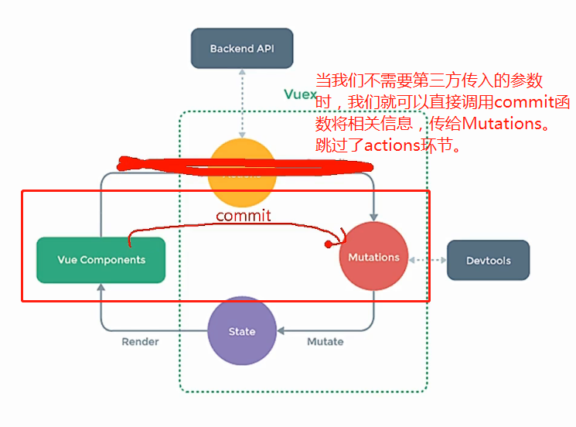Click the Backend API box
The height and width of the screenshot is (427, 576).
coord(241,49)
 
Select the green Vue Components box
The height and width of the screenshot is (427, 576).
coord(101,260)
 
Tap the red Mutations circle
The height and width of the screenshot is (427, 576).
coord(373,257)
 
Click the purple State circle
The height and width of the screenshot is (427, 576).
coord(242,331)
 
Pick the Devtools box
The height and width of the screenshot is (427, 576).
coord(488,260)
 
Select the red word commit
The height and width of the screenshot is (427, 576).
coord(244,215)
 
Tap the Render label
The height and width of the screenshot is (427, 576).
coord(140,341)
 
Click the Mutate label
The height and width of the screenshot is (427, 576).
coord(325,341)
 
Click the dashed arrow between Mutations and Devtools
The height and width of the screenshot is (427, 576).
coord(428,260)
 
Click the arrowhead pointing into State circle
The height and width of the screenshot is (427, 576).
coord(281,331)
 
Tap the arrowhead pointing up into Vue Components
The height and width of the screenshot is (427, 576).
coord(101,289)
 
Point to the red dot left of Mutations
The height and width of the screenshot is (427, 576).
coord(328,244)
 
